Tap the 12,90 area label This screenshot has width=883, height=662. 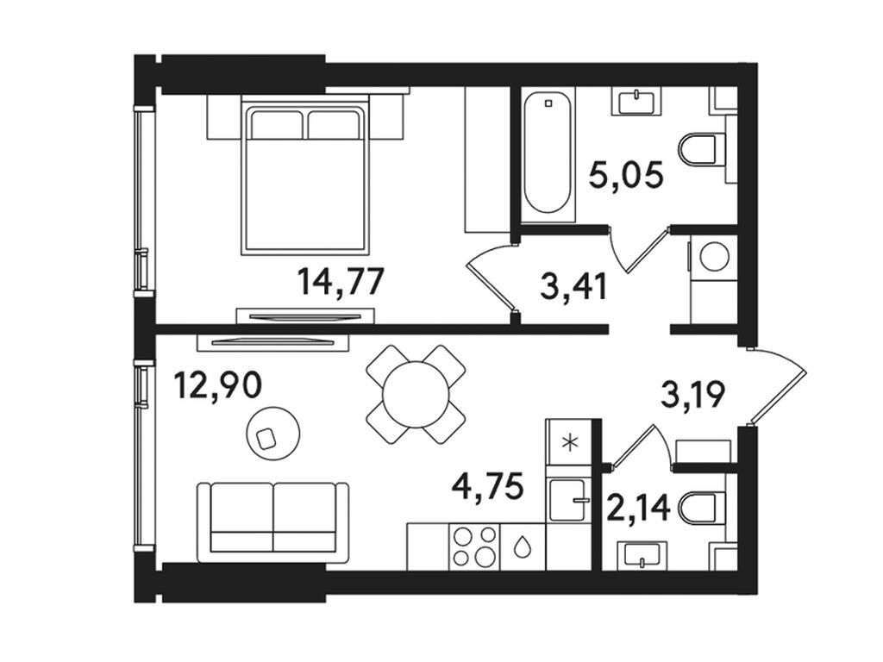(x=217, y=385)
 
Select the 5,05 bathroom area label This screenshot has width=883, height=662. (x=626, y=175)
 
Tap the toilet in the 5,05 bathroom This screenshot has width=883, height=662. (x=702, y=149)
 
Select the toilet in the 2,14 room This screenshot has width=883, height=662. (x=702, y=507)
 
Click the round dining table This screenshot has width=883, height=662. (x=416, y=394)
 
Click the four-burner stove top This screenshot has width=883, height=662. (x=474, y=546)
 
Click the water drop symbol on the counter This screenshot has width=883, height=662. (x=523, y=546)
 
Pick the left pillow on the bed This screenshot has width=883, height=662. (x=277, y=124)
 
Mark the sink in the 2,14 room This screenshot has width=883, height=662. (x=642, y=555)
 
